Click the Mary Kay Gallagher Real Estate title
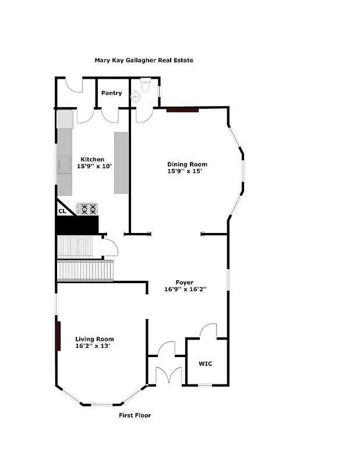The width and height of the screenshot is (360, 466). pyautogui.click(x=144, y=60)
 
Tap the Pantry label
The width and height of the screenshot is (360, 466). pyautogui.click(x=111, y=93)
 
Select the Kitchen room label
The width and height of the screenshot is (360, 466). pyautogui.click(x=92, y=160)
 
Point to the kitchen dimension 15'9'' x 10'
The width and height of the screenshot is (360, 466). pyautogui.click(x=94, y=167)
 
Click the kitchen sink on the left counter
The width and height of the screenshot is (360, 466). pyautogui.click(x=63, y=166)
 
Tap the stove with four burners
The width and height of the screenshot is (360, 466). pyautogui.click(x=86, y=209)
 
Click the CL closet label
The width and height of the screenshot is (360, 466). pyautogui.click(x=62, y=211)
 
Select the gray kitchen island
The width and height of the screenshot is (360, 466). pyautogui.click(x=121, y=163)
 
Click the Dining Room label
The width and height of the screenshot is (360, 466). pyautogui.click(x=188, y=164)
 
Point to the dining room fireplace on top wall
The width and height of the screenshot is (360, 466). pyautogui.click(x=183, y=109)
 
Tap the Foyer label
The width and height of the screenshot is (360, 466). pyautogui.click(x=185, y=283)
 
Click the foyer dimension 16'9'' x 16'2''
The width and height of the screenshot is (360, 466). pyautogui.click(x=186, y=289)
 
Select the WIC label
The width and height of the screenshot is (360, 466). pyautogui.click(x=206, y=364)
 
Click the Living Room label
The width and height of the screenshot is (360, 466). pyautogui.click(x=94, y=339)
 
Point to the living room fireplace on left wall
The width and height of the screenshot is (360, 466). pyautogui.click(x=58, y=336)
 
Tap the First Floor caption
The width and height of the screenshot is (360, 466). pyautogui.click(x=135, y=415)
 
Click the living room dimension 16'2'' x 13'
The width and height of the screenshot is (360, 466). pyautogui.click(x=93, y=346)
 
